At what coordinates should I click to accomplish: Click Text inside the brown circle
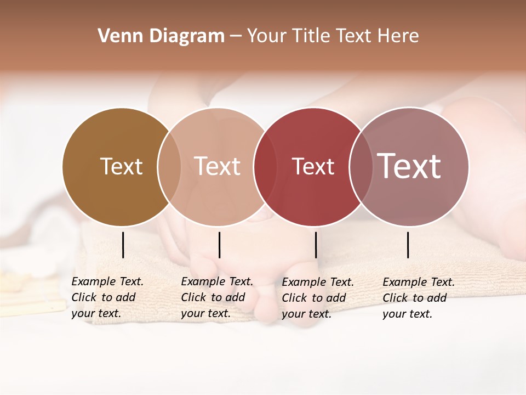(x=121, y=166)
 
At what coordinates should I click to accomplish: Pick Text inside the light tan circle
(x=218, y=166)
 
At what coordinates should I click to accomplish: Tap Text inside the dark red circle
(x=313, y=166)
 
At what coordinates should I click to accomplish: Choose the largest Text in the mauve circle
(x=409, y=166)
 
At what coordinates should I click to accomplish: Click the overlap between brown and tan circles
(x=169, y=167)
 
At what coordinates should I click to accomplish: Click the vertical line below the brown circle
(x=123, y=245)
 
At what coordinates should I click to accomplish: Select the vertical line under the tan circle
(x=219, y=245)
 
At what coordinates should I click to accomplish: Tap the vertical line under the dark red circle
(x=316, y=245)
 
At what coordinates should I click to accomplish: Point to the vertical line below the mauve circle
(x=408, y=245)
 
